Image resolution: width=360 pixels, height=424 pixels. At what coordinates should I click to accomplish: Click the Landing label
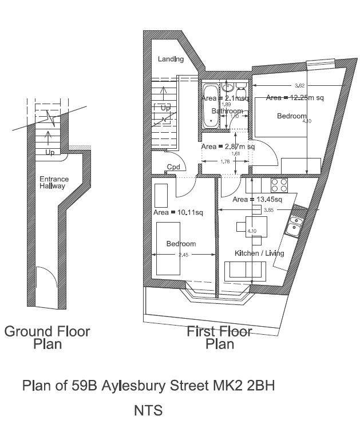[171, 60]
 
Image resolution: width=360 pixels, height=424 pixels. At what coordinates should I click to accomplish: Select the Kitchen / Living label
[259, 253]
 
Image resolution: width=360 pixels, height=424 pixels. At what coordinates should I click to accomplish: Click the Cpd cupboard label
[173, 168]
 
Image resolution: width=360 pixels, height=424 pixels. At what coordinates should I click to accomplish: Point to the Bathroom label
[227, 111]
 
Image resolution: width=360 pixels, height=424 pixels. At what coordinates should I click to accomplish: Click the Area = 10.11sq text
[179, 213]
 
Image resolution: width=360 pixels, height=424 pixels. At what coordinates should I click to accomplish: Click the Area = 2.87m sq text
[228, 147]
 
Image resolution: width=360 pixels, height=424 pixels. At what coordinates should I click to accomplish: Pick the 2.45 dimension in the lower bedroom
[182, 255]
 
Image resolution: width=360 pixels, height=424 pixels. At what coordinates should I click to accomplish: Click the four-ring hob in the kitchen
[279, 185]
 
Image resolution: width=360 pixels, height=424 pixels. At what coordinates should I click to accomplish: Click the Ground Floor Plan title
[48, 337]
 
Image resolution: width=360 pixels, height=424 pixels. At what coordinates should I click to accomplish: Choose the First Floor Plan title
[220, 337]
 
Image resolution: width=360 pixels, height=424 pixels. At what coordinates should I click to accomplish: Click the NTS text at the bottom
[148, 410]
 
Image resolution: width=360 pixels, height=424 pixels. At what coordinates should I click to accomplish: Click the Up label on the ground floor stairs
[50, 153]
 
